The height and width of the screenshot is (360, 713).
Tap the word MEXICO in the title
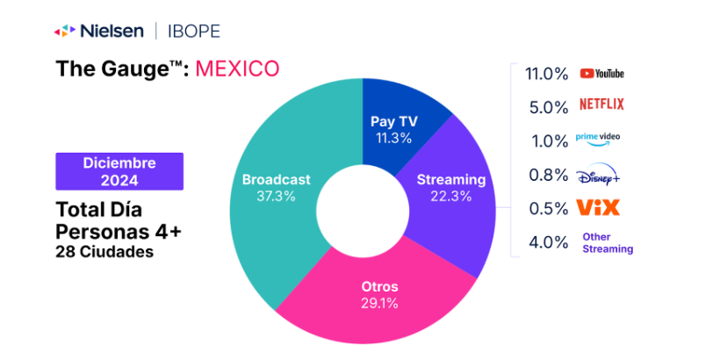(x=237, y=68)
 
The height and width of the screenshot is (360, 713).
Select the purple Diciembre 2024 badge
(x=119, y=171)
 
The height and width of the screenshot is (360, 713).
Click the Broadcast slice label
(x=276, y=179)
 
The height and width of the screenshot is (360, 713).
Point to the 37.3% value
(x=276, y=196)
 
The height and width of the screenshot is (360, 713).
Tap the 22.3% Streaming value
(x=451, y=196)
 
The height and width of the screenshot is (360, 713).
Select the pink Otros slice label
(x=380, y=287)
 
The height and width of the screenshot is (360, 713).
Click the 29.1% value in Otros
(x=380, y=304)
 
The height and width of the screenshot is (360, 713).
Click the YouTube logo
(x=602, y=74)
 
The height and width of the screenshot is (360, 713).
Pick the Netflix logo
(x=602, y=104)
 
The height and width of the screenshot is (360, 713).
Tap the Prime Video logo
(x=597, y=138)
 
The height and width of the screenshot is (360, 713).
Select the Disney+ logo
(x=599, y=176)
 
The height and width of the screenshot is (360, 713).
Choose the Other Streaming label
(x=608, y=243)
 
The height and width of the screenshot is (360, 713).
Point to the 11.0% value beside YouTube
(x=547, y=74)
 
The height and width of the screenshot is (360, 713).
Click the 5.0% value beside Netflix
(x=550, y=107)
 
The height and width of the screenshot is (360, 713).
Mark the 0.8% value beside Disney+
(x=550, y=176)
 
